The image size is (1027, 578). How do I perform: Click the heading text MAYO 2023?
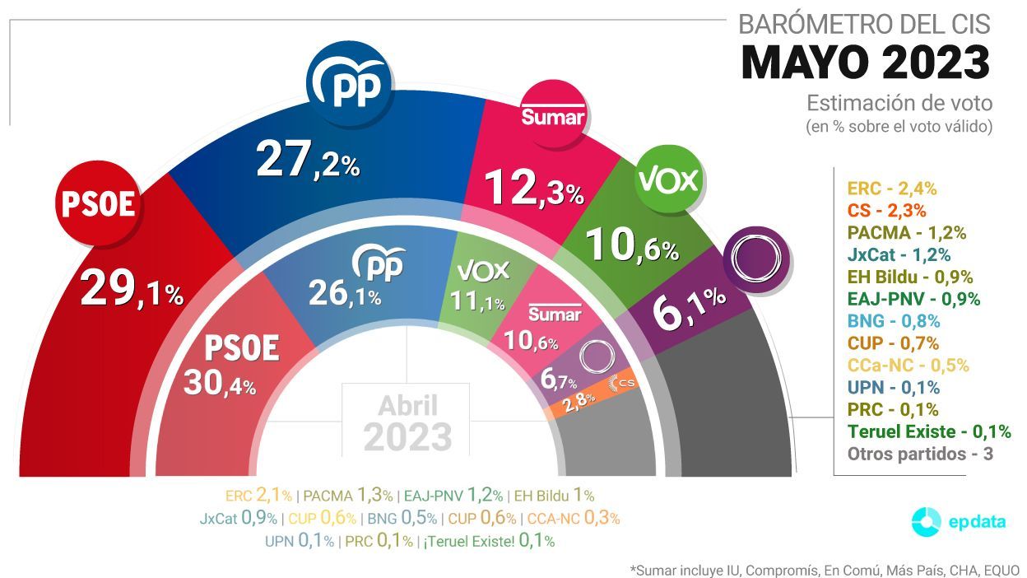[866, 63]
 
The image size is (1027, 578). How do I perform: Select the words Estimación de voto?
[899, 104]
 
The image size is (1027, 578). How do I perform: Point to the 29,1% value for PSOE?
[132, 290]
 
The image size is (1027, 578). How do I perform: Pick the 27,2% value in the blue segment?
[308, 161]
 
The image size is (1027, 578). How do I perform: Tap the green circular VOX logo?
[668, 179]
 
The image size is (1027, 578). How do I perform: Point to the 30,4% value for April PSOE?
[220, 383]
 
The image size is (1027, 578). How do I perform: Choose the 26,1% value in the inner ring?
[344, 292]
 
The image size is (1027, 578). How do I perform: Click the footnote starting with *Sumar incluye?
[825, 570]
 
